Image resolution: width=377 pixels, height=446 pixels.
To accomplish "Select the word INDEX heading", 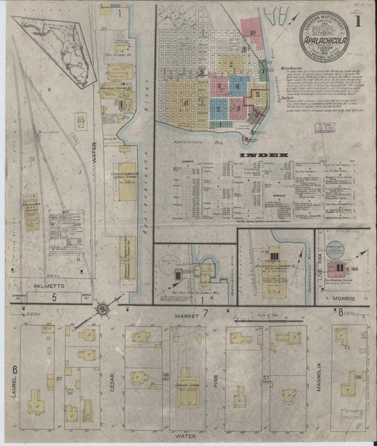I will click(265, 155).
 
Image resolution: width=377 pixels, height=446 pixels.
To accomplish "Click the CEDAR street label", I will click(111, 380).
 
